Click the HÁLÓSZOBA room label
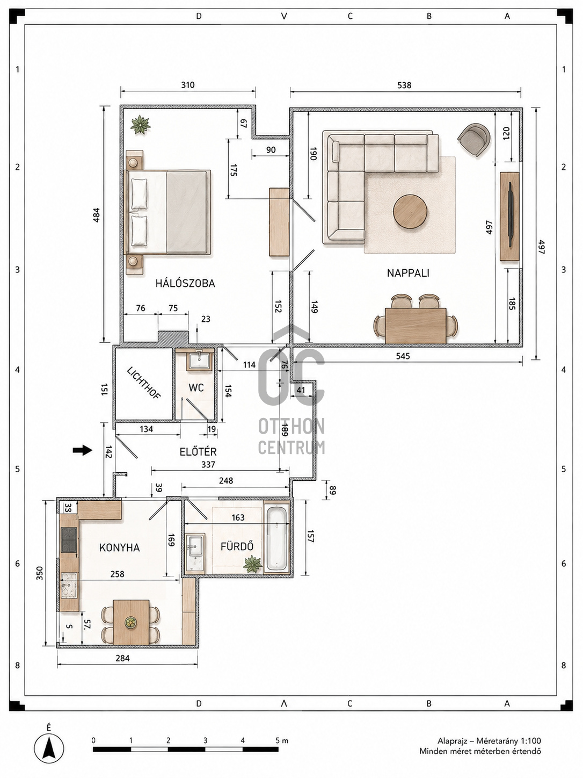(x=185, y=283)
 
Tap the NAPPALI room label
(x=408, y=273)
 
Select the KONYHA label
(x=119, y=548)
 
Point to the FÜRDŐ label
(x=237, y=546)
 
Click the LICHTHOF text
(x=144, y=383)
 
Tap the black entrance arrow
(x=83, y=450)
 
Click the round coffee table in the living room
(x=410, y=211)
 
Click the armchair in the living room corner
(x=474, y=139)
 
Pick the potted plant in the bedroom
(x=141, y=125)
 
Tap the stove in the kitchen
(x=69, y=540)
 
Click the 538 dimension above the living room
(x=404, y=85)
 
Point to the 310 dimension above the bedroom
(x=187, y=85)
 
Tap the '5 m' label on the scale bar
(x=282, y=740)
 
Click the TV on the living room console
(x=511, y=214)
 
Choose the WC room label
(x=196, y=387)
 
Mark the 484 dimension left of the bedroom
(x=96, y=215)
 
